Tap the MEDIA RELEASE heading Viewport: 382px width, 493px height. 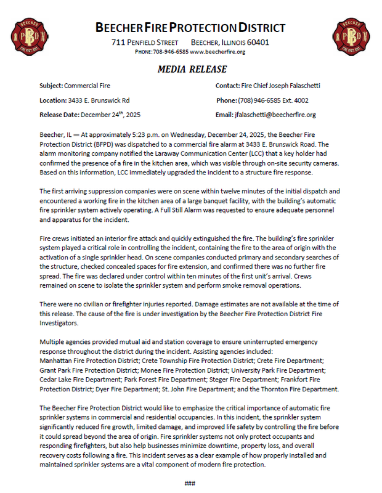coord(192,69)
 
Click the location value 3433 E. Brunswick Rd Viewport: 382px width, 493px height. coord(99,100)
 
